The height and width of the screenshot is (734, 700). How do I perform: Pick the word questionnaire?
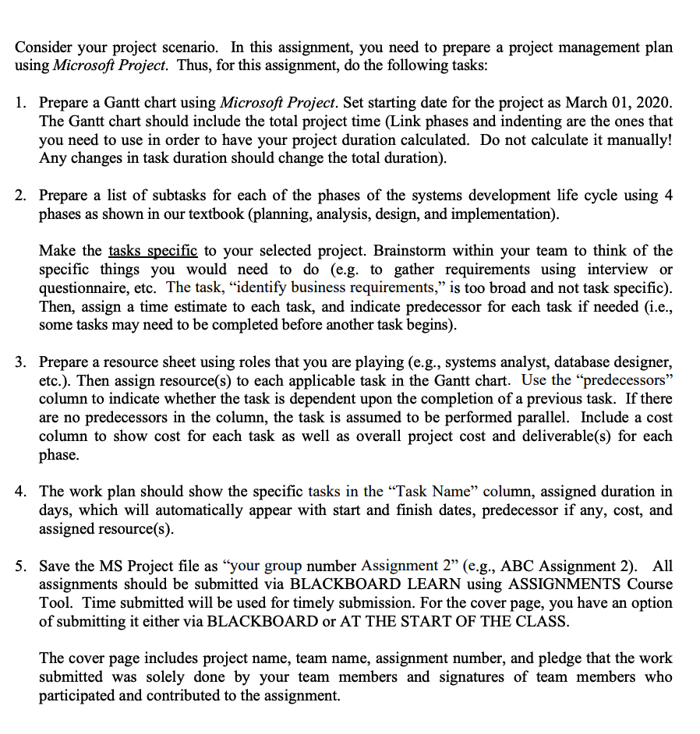coord(84,288)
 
